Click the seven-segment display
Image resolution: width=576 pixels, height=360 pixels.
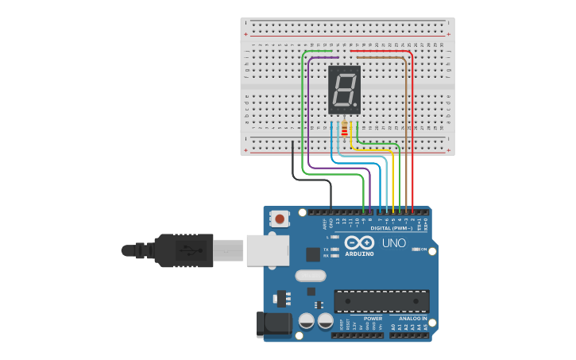(x=344, y=89)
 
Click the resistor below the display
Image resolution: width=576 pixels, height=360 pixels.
(x=344, y=128)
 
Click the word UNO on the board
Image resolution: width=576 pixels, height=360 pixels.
(x=394, y=243)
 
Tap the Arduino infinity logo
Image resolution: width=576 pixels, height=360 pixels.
(x=358, y=243)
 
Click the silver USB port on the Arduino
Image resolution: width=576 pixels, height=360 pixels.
(x=267, y=250)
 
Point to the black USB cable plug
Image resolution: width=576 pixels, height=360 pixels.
(x=183, y=250)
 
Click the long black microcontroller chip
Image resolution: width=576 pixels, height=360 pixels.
(x=381, y=301)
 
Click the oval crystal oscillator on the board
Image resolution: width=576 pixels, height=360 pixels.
(x=310, y=276)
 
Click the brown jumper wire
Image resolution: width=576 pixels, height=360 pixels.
(x=406, y=119)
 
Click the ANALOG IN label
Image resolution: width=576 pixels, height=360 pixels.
(x=412, y=318)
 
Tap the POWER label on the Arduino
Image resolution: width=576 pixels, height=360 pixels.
(x=373, y=318)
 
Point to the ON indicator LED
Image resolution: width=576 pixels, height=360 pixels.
(x=416, y=250)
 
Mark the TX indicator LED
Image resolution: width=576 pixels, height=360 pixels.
(x=336, y=250)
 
